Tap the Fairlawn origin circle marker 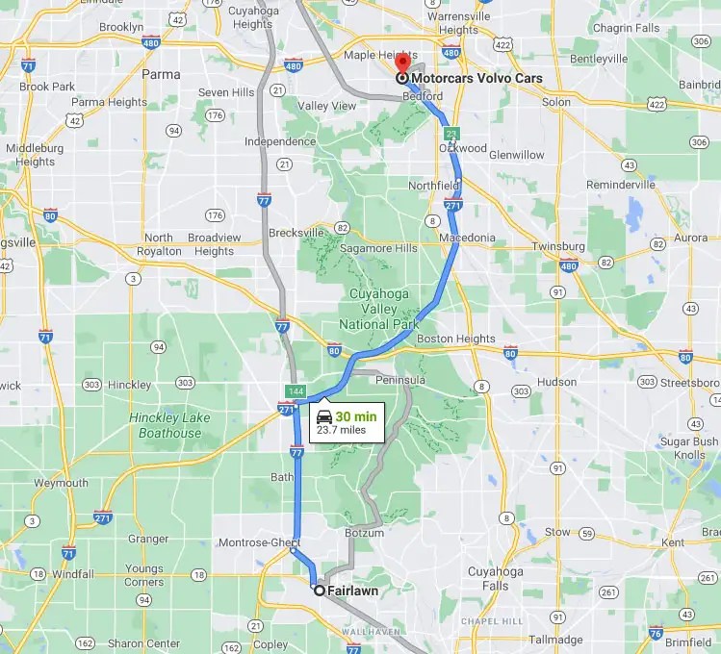(x=319, y=591)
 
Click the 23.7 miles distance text (x=342, y=430)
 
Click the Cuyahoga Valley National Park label (x=371, y=309)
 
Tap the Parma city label (x=160, y=73)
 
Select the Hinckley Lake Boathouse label (x=166, y=425)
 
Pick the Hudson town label (x=555, y=382)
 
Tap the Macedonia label (x=467, y=238)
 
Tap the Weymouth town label (x=61, y=483)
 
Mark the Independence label (x=253, y=142)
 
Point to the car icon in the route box (x=324, y=417)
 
